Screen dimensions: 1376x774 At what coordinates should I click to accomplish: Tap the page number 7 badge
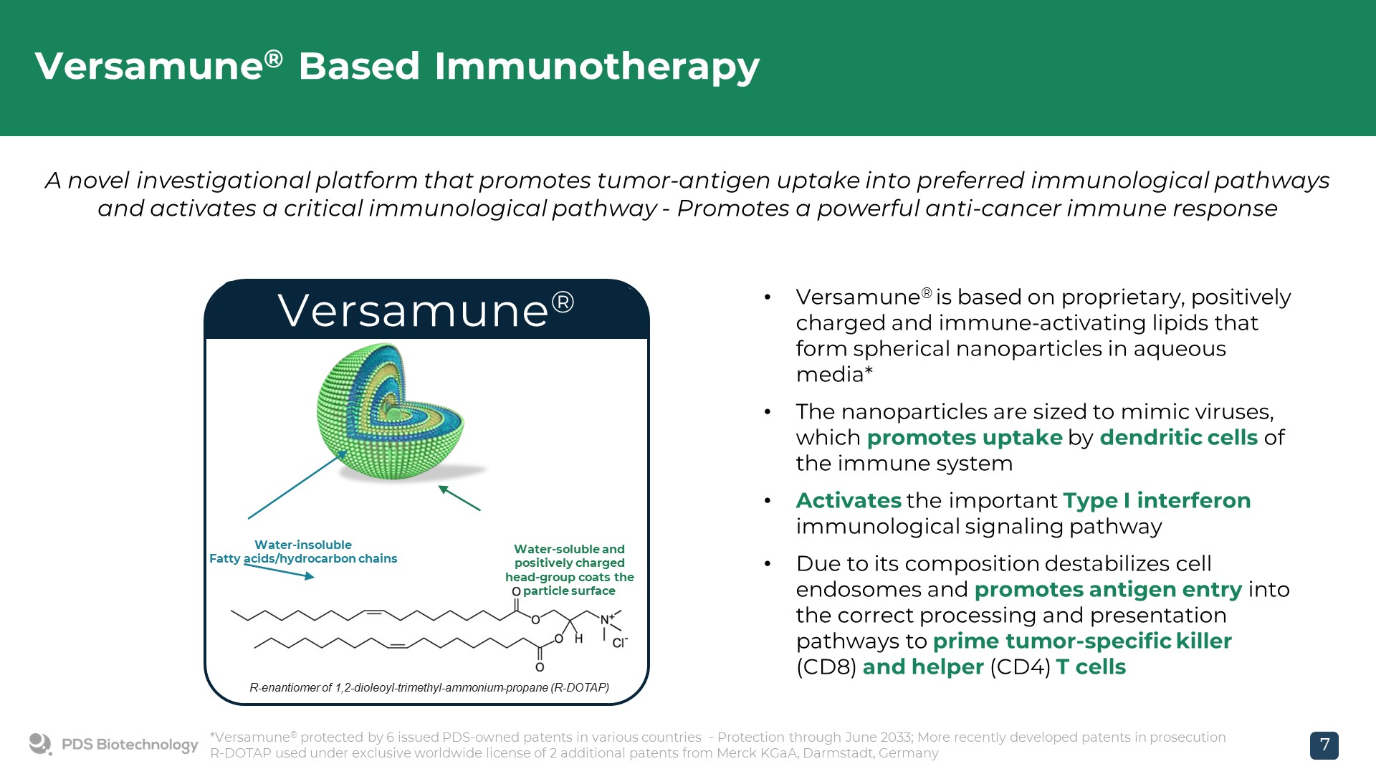[1324, 745]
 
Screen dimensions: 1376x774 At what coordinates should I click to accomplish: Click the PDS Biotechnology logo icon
[40, 744]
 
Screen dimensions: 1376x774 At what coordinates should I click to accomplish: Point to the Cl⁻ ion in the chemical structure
[619, 643]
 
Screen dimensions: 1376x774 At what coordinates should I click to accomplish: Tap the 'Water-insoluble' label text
[303, 545]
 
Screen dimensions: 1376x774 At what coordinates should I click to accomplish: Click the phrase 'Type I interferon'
[1157, 500]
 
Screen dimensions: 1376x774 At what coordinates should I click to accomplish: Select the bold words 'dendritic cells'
[1179, 437]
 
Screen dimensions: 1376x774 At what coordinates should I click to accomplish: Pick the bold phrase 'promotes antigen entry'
[1108, 589]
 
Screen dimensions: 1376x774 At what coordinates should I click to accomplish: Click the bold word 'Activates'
[849, 500]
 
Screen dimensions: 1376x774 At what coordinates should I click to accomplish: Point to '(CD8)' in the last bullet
[826, 667]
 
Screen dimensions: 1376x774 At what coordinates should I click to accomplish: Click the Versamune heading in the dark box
[426, 310]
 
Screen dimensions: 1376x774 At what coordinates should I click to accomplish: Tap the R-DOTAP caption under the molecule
[429, 687]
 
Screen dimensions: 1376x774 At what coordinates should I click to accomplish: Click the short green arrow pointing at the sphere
[459, 498]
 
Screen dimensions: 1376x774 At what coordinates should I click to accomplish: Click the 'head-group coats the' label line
[570, 577]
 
